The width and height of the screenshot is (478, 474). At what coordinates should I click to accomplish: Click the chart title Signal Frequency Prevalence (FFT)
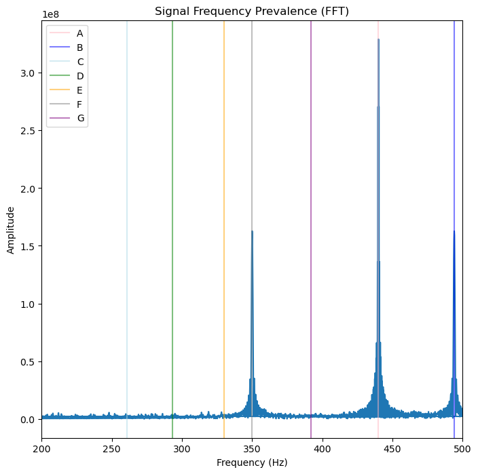coord(252,11)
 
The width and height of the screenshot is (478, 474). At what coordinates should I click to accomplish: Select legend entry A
coord(80,33)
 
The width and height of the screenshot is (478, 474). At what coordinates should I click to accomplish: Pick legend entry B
coord(80,47)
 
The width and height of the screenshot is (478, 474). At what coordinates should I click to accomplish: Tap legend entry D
coord(80,76)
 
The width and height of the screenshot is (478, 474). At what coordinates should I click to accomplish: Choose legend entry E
coord(80,90)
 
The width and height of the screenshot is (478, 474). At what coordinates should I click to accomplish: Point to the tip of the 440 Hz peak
coord(378,39)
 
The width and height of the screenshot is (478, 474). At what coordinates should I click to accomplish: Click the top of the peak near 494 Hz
coord(454,231)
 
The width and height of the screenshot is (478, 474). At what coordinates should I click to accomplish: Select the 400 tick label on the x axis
coord(322,448)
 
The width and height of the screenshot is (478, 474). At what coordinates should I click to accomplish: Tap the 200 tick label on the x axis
coord(41,448)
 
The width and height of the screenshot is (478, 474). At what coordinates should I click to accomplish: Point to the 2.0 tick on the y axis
coord(28,189)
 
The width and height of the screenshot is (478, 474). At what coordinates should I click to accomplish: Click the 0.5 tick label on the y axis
coord(28,361)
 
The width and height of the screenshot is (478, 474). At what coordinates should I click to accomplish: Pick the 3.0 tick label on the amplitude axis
coord(28,73)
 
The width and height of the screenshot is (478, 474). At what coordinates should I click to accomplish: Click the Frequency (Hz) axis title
coord(252,462)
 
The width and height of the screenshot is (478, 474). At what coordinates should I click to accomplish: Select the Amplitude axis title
coord(11,229)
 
